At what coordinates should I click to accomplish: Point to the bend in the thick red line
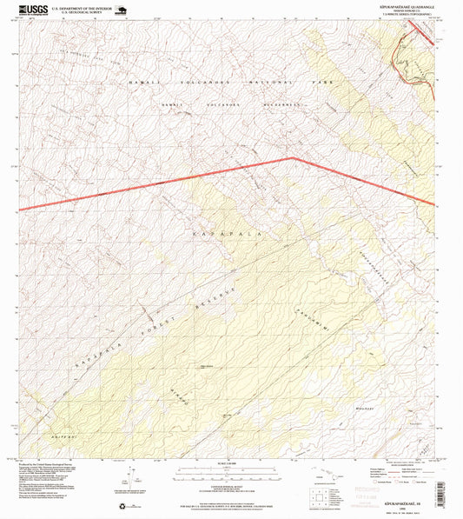[294, 158]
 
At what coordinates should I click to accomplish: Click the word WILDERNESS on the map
[280, 104]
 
